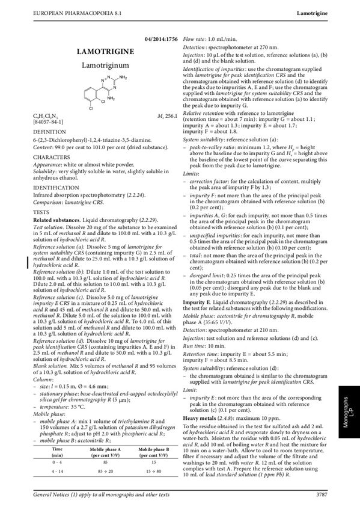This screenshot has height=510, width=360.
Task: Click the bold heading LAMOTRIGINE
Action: click(x=105, y=52)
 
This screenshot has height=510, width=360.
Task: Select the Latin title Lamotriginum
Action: click(x=105, y=65)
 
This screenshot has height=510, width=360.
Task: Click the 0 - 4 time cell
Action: click(x=57, y=461)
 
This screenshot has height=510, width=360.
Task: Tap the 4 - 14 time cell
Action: click(x=58, y=472)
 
